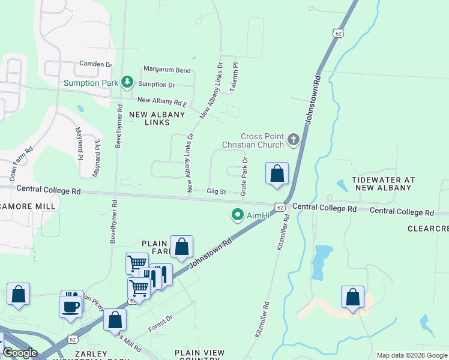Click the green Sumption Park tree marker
[127, 82]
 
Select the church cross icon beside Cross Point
[293, 140]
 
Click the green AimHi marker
[238, 214]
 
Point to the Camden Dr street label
[95, 64]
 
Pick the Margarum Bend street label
[166, 70]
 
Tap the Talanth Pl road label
[235, 74]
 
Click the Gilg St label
[215, 192]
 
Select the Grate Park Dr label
[244, 176]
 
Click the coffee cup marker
[70, 305]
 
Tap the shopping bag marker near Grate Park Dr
[277, 174]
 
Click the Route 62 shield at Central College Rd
[280, 207]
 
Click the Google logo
[20, 353]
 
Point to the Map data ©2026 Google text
[411, 355]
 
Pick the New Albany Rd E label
[162, 101]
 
